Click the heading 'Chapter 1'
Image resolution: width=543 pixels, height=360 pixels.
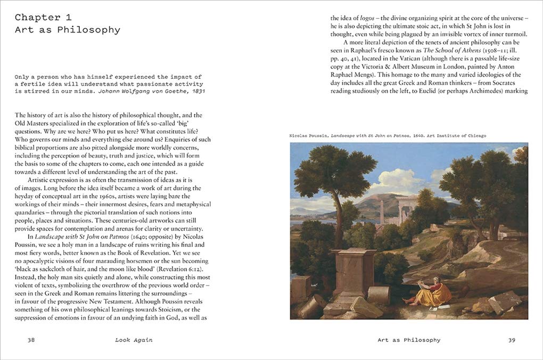[43, 17]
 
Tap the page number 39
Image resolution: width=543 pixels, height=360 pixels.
[512, 340]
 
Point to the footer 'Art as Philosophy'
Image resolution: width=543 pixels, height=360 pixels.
[409, 340]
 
